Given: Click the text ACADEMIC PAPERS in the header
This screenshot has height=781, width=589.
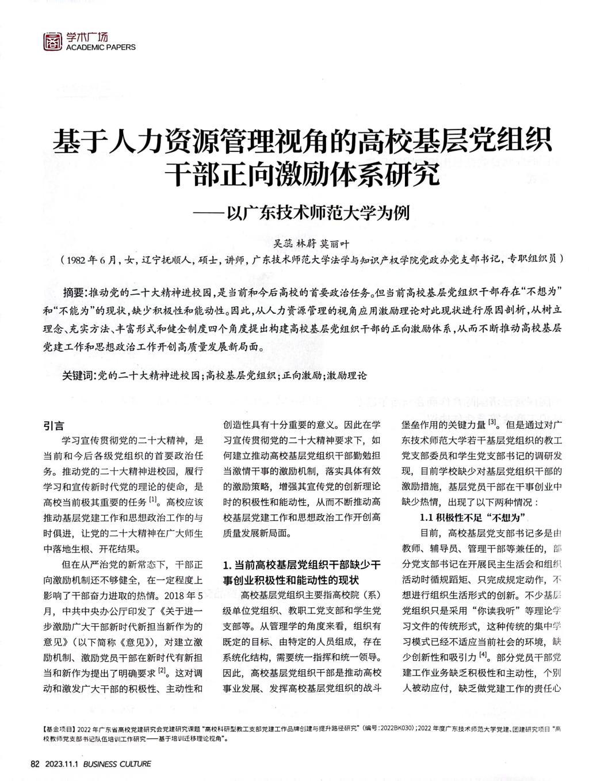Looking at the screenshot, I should tap(98, 47).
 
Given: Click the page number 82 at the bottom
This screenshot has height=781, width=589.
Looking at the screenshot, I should tap(34, 764).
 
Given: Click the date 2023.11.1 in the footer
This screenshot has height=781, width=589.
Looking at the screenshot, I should tap(61, 764).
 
